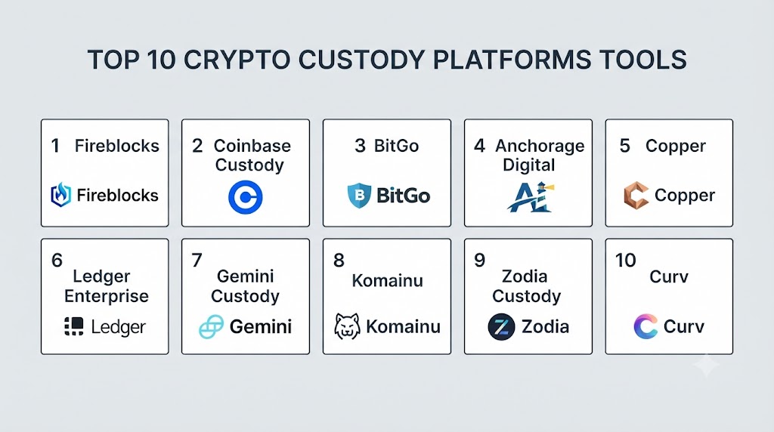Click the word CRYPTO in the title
pyautogui.click(x=237, y=60)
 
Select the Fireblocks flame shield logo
pyautogui.click(x=60, y=195)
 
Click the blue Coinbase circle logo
pyautogui.click(x=246, y=197)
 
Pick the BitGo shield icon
pyautogui.click(x=359, y=196)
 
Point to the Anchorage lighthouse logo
pyautogui.click(x=531, y=197)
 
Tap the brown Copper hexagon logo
pyautogui.click(x=636, y=196)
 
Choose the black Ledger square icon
pyautogui.click(x=74, y=326)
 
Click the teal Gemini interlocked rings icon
pyautogui.click(x=212, y=326)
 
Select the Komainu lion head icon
pyautogui.click(x=347, y=326)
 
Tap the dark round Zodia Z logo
pyautogui.click(x=501, y=327)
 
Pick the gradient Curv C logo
pyautogui.click(x=646, y=326)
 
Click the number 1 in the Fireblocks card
pyautogui.click(x=55, y=146)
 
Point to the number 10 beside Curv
pyautogui.click(x=625, y=261)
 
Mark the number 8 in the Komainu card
pyautogui.click(x=339, y=261)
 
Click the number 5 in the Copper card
pyautogui.click(x=625, y=146)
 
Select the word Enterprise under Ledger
pyautogui.click(x=106, y=296)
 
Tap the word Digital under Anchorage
pyautogui.click(x=528, y=165)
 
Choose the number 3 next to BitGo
pyautogui.click(x=360, y=146)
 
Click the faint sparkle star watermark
pyautogui.click(x=707, y=366)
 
